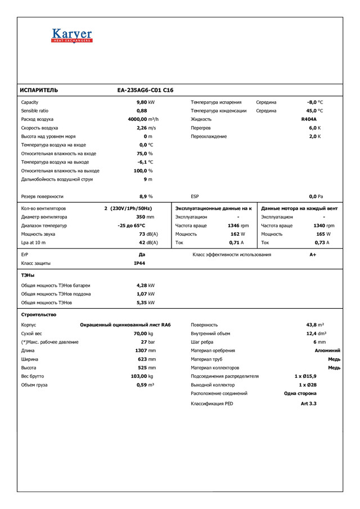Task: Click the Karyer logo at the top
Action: click(x=71, y=36)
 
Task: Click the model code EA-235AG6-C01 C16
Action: click(x=145, y=90)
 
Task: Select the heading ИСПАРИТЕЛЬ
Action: click(x=39, y=90)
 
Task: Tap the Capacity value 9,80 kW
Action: click(x=146, y=102)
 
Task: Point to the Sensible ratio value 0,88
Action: click(x=142, y=111)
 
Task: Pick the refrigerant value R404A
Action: click(x=309, y=119)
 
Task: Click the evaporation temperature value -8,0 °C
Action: click(x=315, y=102)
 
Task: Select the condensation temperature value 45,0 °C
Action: click(x=315, y=111)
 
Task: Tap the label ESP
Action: click(x=195, y=196)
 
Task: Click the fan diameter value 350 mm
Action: click(x=145, y=217)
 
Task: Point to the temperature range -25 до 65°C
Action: click(x=131, y=226)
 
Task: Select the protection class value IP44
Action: click(x=139, y=263)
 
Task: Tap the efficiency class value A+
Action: click(x=313, y=255)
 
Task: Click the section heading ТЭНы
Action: click(x=28, y=275)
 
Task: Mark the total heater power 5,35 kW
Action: click(x=146, y=303)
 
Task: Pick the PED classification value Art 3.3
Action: click(x=309, y=403)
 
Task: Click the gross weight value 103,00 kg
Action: click(x=142, y=376)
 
